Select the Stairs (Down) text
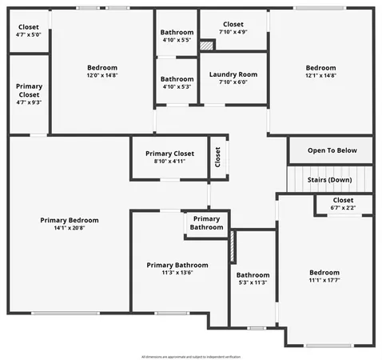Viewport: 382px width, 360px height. (x=329, y=181)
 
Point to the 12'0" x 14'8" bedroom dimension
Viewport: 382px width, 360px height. (x=102, y=76)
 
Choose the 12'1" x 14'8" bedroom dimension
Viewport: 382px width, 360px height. (x=320, y=77)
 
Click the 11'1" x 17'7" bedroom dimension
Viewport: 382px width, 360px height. (x=324, y=281)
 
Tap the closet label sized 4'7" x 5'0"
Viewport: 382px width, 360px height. (x=28, y=35)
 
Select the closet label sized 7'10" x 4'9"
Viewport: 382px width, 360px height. (x=233, y=33)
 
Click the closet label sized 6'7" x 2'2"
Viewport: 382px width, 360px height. (x=343, y=208)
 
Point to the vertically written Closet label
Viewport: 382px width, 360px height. (x=217, y=156)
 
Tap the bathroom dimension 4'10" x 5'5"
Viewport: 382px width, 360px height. (x=177, y=40)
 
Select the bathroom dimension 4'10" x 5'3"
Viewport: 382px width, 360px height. (x=177, y=87)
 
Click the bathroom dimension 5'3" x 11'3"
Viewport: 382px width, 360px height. (x=253, y=282)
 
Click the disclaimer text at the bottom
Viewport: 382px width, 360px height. (x=191, y=356)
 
